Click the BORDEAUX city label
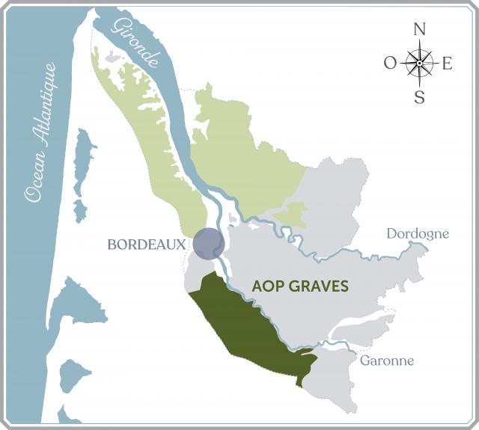146,245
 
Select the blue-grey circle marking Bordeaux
208,244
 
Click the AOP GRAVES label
300,286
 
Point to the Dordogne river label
418,234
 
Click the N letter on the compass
419,30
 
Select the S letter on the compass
419,96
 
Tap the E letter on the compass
448,64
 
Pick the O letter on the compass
390,64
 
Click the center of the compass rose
419,63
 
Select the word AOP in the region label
266,286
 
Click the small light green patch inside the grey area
292,216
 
